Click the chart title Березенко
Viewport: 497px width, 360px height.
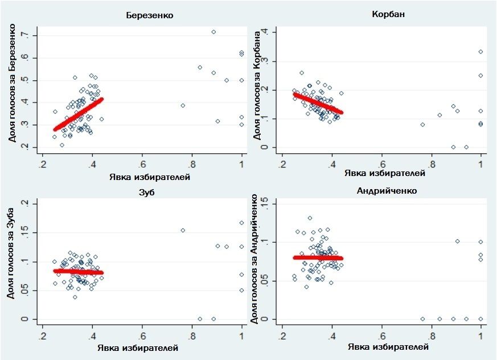click(x=149, y=15)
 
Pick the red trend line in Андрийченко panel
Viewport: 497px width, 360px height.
click(x=318, y=258)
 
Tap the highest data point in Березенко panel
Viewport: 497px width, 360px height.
click(x=213, y=32)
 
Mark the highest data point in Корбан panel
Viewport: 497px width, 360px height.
click(x=480, y=52)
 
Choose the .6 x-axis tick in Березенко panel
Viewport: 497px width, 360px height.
click(x=142, y=165)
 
